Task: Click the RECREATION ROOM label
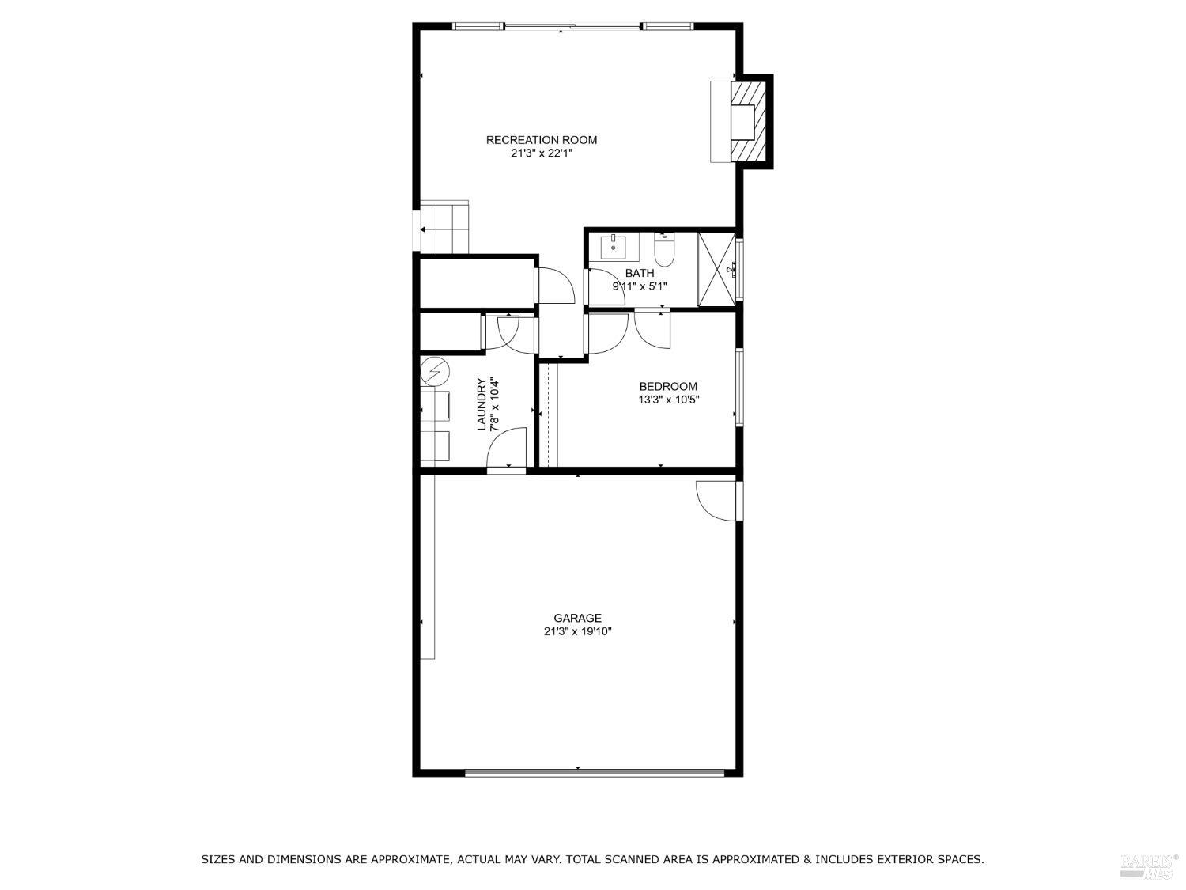(x=541, y=140)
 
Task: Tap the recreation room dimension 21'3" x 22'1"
(x=541, y=153)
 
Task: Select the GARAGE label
(x=577, y=618)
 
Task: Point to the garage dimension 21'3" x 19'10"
(x=577, y=631)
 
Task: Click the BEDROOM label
(x=668, y=386)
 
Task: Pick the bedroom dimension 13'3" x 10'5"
(x=668, y=400)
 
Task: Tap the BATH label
(x=639, y=273)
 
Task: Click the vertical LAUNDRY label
(x=481, y=404)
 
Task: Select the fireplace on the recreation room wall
(x=743, y=121)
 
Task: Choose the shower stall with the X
(x=716, y=269)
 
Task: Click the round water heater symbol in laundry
(x=433, y=369)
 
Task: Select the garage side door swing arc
(x=716, y=502)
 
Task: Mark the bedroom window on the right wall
(x=739, y=388)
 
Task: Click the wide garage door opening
(x=594, y=772)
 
